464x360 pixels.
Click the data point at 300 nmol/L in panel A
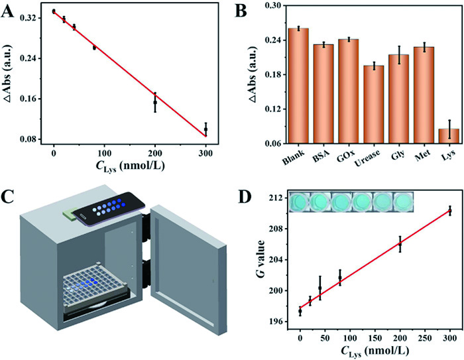pos(206,129)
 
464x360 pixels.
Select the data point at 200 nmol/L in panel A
pos(155,102)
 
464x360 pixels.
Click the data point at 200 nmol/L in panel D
pos(400,244)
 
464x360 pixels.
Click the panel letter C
pos(9,196)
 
